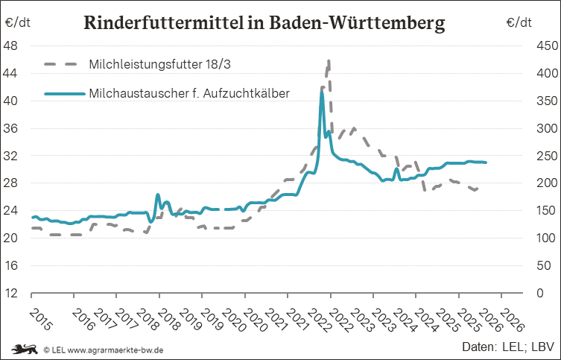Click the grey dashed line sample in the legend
pos(63,63)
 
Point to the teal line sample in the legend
pos(63,94)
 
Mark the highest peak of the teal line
pos(321,92)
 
